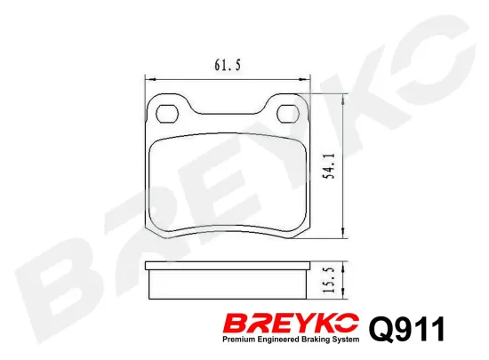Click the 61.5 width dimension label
coord(228,64)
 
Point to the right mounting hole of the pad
coord(290,114)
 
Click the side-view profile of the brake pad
coord(228,282)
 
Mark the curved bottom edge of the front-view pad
coord(228,234)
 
